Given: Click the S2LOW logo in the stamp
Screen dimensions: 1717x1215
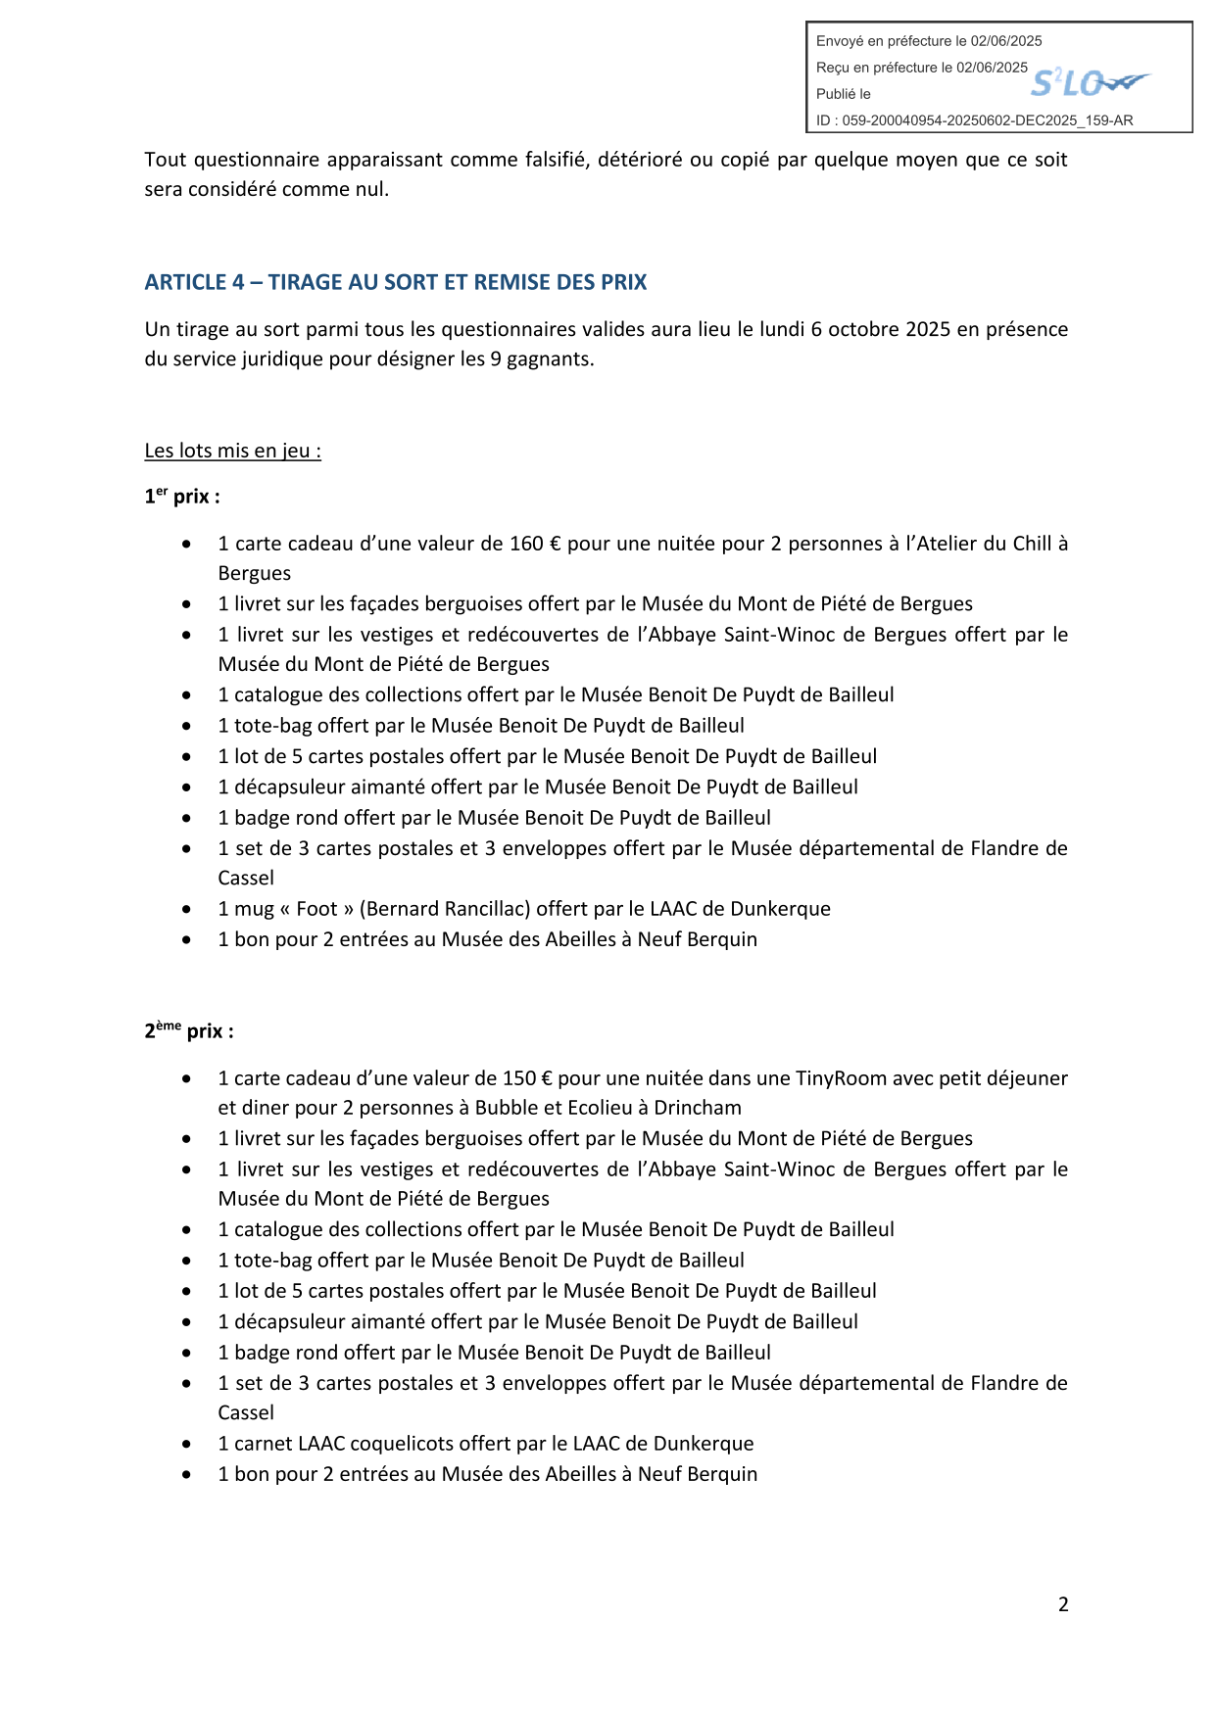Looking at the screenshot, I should (x=1090, y=83).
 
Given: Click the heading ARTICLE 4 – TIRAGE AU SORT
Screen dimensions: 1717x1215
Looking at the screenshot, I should (x=395, y=282).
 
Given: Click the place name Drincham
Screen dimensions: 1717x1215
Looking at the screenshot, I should (x=698, y=1108).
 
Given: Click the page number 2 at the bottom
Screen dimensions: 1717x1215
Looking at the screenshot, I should (x=1063, y=1604).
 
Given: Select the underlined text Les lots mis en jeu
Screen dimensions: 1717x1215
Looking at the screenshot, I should (x=232, y=452).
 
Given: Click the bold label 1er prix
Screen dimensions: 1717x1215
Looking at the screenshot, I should (x=182, y=497).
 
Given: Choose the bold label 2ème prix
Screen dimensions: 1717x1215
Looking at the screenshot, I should (x=189, y=1031).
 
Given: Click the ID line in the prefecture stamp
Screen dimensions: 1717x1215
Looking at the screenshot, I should (x=974, y=120).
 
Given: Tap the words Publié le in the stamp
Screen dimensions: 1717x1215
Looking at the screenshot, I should (x=844, y=94).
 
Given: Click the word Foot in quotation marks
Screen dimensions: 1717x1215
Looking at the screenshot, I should (x=316, y=909).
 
